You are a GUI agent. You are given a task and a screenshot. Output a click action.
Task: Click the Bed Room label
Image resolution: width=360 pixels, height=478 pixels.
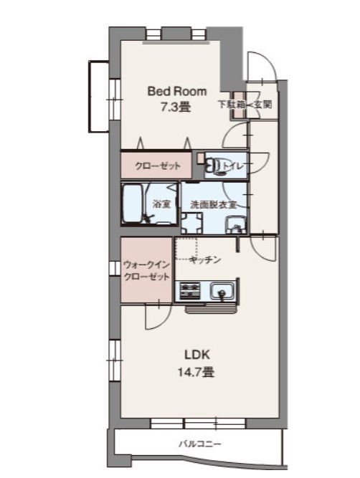tap(177, 92)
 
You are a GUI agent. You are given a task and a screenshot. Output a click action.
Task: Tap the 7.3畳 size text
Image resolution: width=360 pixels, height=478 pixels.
tap(176, 107)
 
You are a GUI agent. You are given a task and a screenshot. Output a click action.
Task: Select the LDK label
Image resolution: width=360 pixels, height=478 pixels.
tap(197, 355)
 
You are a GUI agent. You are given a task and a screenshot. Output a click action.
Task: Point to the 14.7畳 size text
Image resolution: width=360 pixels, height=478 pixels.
tap(196, 372)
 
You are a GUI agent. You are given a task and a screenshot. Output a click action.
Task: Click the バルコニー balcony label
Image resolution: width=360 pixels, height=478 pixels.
tap(199, 444)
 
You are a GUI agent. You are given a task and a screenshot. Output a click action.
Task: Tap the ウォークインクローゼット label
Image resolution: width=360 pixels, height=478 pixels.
tap(146, 271)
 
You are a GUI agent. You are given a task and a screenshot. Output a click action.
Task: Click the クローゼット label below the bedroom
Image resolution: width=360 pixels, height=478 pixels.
tap(158, 166)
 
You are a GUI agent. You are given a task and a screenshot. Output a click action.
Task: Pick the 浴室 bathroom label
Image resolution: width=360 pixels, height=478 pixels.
tap(161, 204)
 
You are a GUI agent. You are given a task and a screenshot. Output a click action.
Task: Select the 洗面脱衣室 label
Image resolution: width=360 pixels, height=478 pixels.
tap(214, 204)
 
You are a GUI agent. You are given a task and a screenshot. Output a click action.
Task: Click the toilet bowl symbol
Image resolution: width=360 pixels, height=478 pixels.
tap(215, 167)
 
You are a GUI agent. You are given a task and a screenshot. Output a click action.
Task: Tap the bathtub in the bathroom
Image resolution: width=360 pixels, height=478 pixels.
tap(132, 204)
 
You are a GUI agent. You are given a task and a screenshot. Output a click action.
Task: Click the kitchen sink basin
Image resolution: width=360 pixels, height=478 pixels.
tap(222, 291)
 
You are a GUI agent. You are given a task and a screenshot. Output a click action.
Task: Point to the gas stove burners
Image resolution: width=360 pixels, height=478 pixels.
tap(190, 290)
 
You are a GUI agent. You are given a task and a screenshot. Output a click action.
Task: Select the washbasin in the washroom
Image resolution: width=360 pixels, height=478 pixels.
tap(235, 225)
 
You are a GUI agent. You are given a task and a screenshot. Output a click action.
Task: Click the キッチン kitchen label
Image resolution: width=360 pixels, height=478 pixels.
tap(204, 260)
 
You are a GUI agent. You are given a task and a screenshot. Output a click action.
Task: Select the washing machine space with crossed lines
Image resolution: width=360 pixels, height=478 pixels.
tap(192, 224)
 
